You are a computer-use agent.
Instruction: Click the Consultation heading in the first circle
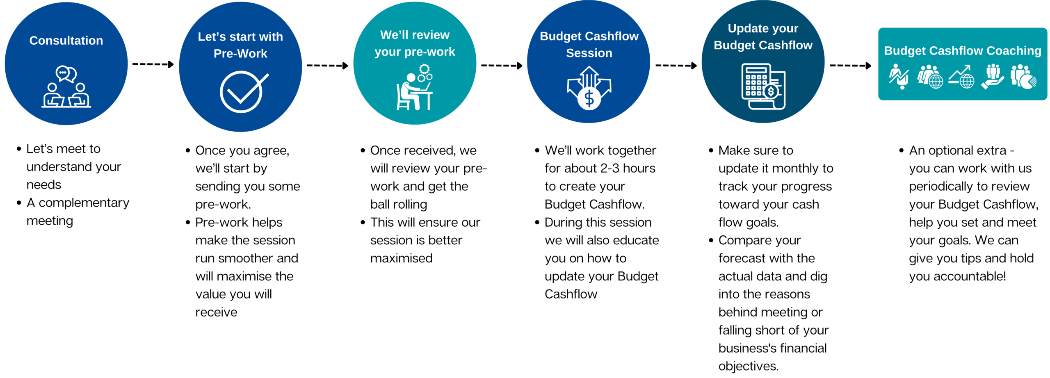point(66,41)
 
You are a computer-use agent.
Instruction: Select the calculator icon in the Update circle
point(763,87)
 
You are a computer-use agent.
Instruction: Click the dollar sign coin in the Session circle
point(589,99)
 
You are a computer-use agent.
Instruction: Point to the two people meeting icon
point(66,87)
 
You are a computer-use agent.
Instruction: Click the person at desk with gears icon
point(414,87)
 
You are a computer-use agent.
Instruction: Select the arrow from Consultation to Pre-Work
point(153,64)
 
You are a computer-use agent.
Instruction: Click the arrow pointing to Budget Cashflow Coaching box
point(850,66)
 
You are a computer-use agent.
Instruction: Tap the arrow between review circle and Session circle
point(502,66)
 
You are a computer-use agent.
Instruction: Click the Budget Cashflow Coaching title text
point(962,51)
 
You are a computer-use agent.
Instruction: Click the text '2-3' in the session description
point(610,168)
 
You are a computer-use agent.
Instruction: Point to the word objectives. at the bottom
point(748,366)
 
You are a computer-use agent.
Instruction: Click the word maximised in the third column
point(401,258)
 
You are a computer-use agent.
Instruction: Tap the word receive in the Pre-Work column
point(216,312)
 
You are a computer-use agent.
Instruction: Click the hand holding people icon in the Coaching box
point(992,76)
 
